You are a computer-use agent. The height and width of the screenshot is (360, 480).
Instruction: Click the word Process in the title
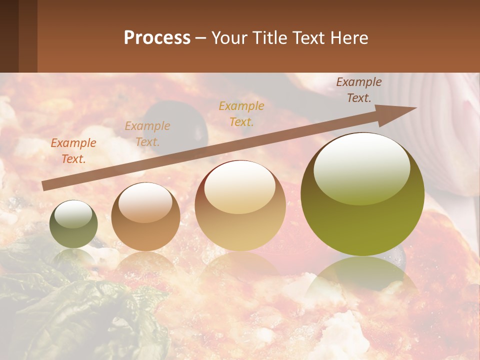tap(157, 38)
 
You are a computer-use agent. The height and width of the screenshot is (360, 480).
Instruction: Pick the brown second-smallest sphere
tap(145, 216)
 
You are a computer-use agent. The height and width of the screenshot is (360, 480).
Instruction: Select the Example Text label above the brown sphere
tap(147, 133)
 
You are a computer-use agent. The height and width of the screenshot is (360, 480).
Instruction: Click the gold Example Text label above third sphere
tap(241, 113)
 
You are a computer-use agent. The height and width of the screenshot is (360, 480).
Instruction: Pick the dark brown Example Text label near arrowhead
tap(359, 90)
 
